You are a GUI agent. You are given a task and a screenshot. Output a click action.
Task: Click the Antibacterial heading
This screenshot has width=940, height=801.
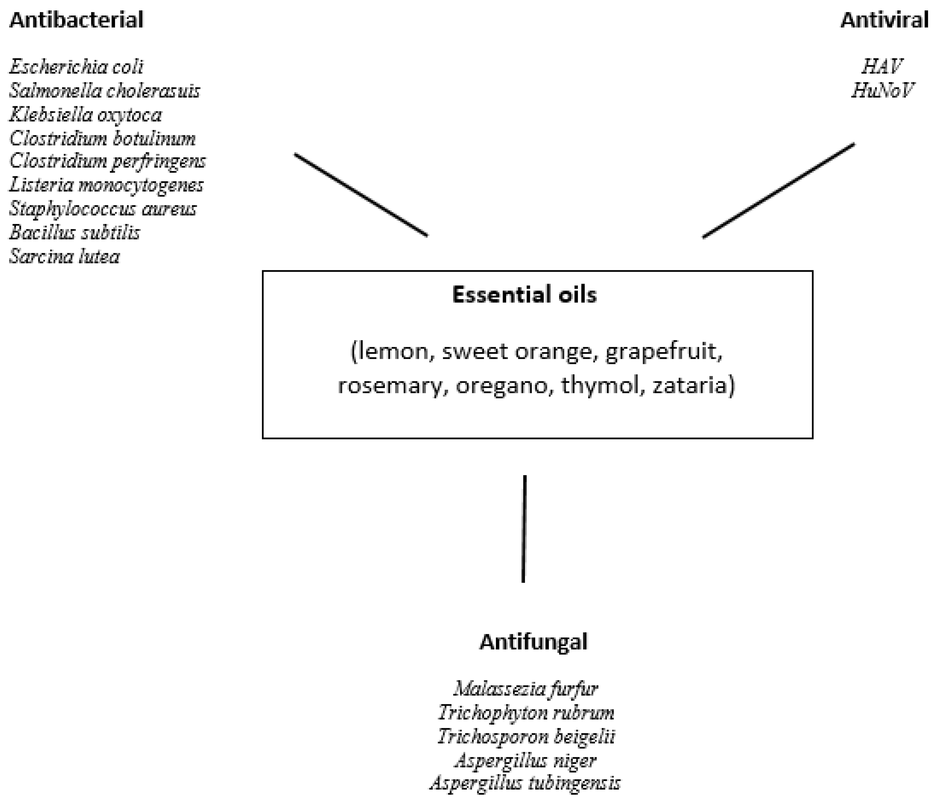76,20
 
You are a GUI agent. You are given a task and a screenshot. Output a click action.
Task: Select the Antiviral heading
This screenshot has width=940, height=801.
884,20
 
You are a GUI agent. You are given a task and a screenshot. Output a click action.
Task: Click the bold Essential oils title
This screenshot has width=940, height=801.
524,295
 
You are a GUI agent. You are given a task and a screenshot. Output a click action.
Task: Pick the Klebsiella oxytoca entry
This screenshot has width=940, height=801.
85,115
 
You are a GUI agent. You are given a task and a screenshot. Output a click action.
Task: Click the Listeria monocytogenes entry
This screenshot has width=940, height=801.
106,185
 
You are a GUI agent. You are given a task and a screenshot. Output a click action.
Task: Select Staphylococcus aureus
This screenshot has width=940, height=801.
103,209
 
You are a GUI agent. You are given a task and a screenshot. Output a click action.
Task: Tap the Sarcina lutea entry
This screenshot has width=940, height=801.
64,257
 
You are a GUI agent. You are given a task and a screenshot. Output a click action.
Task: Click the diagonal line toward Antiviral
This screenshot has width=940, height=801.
778,191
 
